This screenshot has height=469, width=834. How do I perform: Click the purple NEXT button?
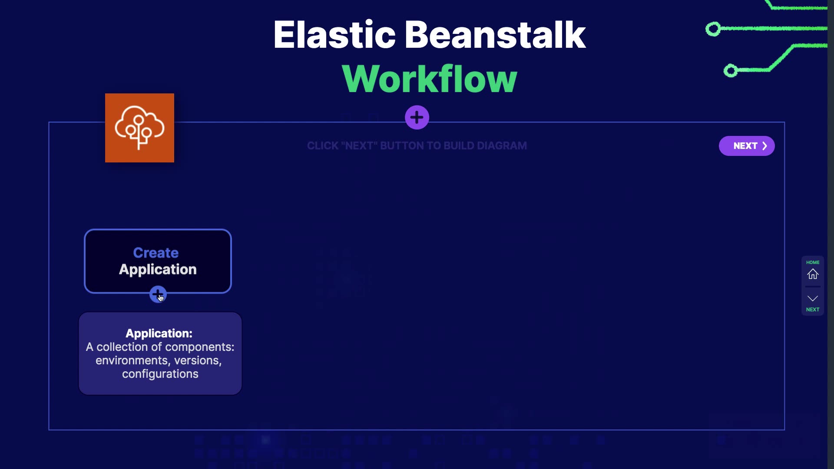747,146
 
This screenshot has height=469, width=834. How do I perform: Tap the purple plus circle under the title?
417,117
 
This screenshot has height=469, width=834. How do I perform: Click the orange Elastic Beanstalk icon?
139,128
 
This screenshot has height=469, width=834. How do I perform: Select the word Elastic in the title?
334,35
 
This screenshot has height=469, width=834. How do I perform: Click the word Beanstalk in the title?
495,35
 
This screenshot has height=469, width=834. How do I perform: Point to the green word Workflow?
429,79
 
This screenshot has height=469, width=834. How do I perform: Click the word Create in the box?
156,253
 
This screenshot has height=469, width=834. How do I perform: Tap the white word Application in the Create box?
158,270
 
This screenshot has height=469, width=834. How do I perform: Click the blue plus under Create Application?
158,294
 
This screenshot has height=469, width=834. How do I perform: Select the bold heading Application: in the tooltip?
159,334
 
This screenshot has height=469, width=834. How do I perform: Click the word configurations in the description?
160,374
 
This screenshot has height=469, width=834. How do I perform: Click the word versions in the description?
198,360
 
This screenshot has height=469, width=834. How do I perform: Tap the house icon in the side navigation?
813,274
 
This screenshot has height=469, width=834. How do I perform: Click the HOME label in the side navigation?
813,262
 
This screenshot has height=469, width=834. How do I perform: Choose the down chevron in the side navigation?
813,298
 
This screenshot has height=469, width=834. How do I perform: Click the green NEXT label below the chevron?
813,310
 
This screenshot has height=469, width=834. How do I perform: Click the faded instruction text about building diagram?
417,146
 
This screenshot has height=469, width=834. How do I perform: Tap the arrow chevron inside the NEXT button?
764,146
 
